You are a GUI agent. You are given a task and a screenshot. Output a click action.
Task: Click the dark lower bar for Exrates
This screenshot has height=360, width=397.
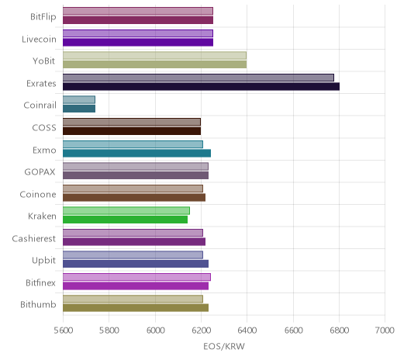click(201, 87)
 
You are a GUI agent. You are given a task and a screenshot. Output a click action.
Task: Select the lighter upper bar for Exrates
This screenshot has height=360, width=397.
click(198, 78)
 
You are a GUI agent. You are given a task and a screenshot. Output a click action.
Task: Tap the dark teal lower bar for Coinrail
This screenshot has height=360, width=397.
click(79, 109)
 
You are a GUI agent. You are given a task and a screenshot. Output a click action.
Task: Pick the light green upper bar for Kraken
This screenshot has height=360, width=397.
click(126, 210)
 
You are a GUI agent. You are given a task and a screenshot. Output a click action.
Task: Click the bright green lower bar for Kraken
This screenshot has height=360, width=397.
click(125, 220)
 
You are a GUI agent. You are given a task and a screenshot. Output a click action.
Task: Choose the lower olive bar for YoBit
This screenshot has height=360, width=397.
click(154, 64)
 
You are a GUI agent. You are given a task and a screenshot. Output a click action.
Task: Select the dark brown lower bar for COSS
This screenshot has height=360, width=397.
click(132, 131)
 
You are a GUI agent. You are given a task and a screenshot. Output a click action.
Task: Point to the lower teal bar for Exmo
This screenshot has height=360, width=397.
click(136, 153)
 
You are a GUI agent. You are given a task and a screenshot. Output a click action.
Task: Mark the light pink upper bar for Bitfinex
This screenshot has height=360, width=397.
click(136, 277)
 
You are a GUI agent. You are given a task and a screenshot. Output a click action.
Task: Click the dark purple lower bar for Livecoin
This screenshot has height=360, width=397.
click(138, 42)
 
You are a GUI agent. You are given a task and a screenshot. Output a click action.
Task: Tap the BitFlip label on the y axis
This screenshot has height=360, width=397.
click(43, 17)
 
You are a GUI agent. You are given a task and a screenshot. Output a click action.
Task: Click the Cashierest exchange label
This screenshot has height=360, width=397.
click(34, 238)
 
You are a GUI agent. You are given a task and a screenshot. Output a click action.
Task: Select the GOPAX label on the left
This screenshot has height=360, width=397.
click(40, 172)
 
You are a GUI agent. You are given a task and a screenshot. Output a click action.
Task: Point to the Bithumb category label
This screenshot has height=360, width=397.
click(38, 304)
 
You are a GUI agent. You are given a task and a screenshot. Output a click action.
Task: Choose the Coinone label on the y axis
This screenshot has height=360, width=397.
click(38, 194)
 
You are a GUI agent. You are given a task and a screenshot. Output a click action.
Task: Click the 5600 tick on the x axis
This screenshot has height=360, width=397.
click(64, 330)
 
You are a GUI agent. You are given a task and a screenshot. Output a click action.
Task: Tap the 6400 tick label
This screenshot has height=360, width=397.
click(247, 330)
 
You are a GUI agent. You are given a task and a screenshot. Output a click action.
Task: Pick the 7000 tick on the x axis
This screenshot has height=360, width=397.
click(385, 330)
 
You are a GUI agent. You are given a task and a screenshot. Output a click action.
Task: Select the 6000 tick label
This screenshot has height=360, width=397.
click(156, 330)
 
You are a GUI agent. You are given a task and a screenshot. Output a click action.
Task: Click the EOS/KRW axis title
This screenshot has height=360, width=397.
click(224, 346)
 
